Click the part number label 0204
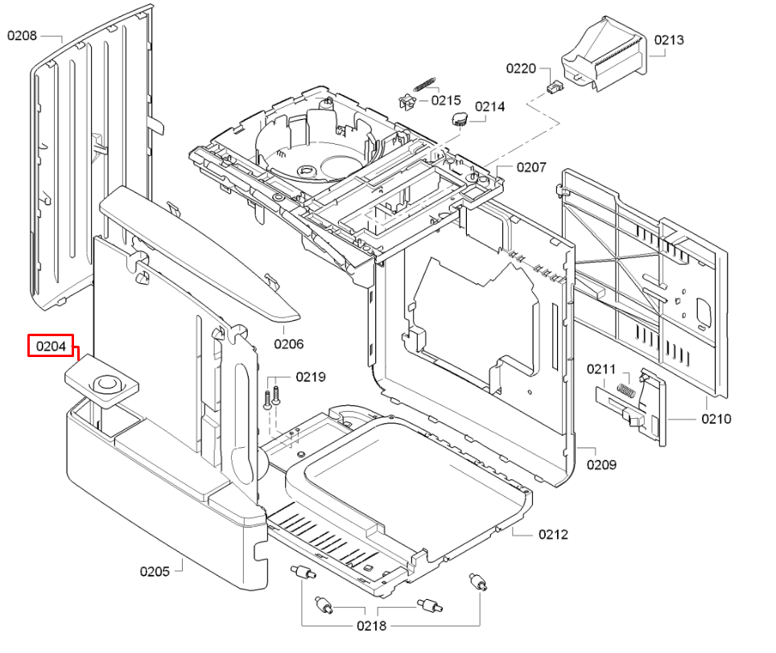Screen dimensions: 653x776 [x=50, y=346]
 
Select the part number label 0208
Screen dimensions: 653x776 [x=23, y=35]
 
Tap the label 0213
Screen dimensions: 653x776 [x=669, y=39]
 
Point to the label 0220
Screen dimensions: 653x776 [x=521, y=68]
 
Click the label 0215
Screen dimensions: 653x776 [x=446, y=101]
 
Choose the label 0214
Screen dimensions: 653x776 [x=489, y=106]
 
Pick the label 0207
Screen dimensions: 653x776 [x=531, y=167]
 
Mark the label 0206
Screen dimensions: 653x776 [x=288, y=344]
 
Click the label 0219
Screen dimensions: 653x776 [x=311, y=376]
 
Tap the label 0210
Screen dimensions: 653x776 [x=716, y=418]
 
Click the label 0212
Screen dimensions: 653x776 [x=553, y=534]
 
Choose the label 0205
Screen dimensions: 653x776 [x=155, y=571]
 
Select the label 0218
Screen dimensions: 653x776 [x=372, y=626]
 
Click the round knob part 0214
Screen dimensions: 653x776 [x=459, y=120]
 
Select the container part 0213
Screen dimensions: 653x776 [x=604, y=56]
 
